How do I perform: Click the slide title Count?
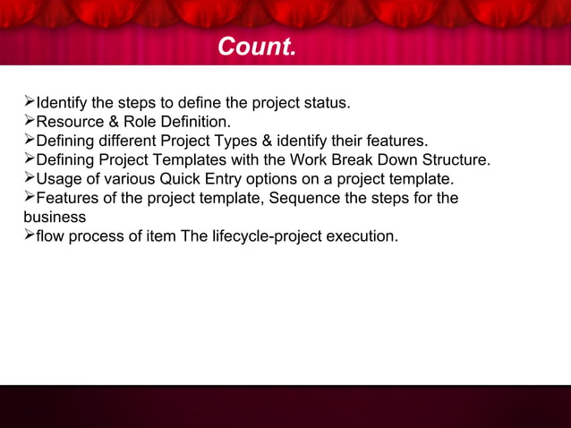(256, 47)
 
